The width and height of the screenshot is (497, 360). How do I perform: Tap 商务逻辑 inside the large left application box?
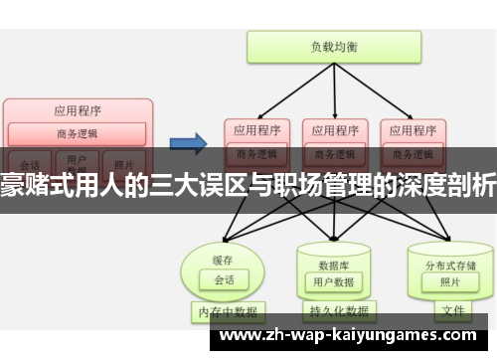78,134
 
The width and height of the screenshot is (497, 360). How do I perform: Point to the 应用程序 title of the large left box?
78,110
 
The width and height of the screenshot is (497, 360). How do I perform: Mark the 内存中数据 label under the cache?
227,311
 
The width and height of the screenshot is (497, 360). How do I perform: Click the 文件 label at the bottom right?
452,311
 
